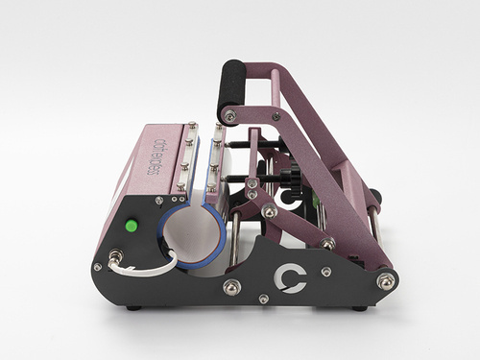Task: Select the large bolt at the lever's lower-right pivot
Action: [386, 280]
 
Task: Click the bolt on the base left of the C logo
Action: [230, 286]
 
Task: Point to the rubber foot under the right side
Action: [360, 308]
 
